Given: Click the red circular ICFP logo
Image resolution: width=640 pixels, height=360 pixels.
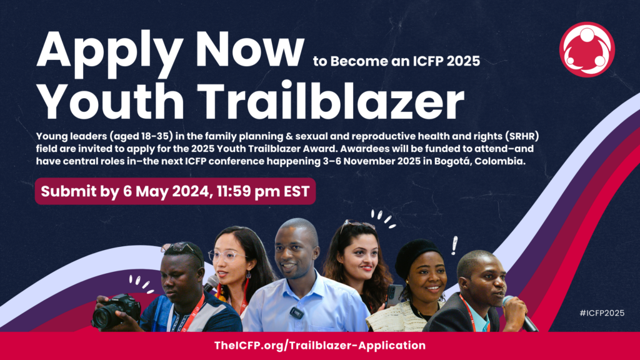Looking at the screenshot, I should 587,49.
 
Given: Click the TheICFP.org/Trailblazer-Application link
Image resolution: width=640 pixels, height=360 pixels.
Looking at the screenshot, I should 320,346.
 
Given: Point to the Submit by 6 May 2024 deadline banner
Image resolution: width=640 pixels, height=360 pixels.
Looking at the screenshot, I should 175,191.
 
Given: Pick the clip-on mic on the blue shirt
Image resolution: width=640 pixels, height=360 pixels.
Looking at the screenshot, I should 296,312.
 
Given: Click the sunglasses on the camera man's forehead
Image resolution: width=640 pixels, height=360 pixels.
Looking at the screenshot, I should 182,249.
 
